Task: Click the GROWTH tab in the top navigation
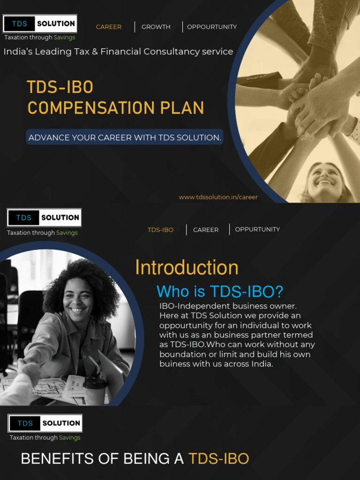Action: click(156, 27)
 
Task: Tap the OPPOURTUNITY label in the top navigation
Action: click(212, 27)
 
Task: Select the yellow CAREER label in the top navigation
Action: click(108, 27)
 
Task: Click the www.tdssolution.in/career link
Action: click(218, 197)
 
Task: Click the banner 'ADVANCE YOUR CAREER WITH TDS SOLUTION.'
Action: click(124, 137)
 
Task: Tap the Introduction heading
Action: click(187, 268)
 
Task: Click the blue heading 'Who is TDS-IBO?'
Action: click(219, 292)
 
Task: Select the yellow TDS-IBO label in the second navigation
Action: click(160, 230)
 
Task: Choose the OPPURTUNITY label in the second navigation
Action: click(257, 229)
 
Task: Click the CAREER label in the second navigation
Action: click(205, 230)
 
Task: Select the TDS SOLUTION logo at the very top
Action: click(40, 23)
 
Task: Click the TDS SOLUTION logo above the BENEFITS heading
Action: click(45, 423)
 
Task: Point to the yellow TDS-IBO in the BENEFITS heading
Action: click(218, 459)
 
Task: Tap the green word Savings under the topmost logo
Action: click(64, 37)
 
